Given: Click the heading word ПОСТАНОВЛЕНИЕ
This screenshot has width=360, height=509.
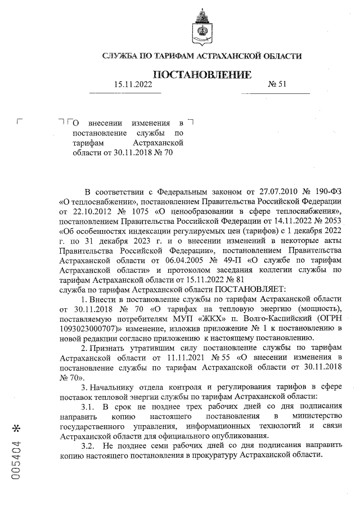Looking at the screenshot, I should click(202, 75).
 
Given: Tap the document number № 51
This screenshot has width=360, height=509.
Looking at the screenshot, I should click(278, 84).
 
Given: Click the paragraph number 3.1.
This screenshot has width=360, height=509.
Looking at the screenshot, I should click(89, 407).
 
